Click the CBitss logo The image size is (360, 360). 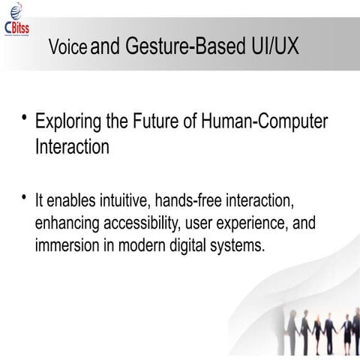(16, 20)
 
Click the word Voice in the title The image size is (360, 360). (67, 47)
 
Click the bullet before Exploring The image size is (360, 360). (24, 118)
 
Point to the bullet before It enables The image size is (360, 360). (24, 198)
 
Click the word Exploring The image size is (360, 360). (69, 122)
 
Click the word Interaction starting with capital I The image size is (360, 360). (72, 147)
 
